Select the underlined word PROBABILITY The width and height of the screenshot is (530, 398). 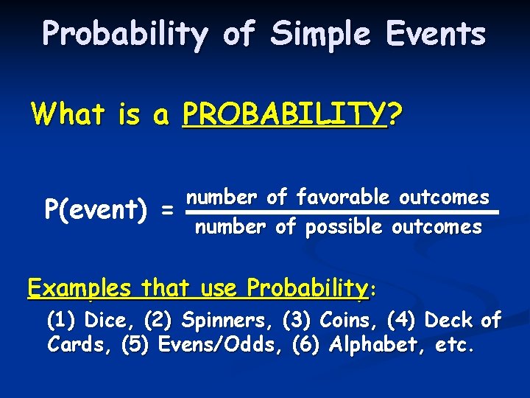click(284, 114)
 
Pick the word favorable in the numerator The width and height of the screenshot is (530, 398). click(344, 197)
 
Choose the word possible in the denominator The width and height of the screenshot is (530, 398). click(344, 228)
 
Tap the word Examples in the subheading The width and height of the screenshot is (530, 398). click(79, 287)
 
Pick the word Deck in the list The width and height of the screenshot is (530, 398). click(449, 321)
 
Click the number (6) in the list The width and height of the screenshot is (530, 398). click(307, 345)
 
